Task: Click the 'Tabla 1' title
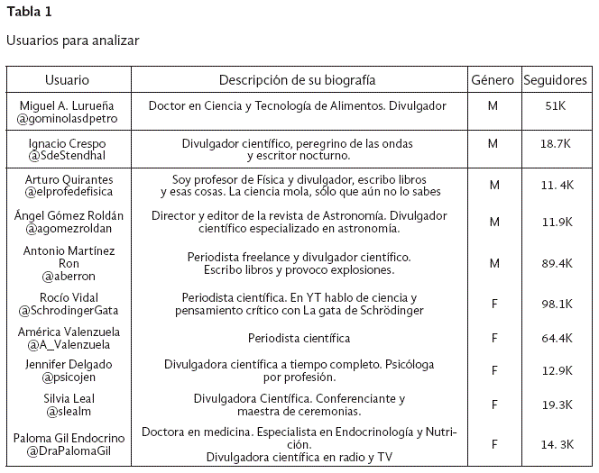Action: click(30, 12)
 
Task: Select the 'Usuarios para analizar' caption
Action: click(72, 41)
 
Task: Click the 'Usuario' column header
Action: click(67, 80)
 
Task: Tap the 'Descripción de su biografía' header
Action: click(297, 80)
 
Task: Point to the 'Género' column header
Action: click(493, 80)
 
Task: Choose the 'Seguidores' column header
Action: click(555, 80)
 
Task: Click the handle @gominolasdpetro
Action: click(67, 118)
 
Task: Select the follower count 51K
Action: click(556, 106)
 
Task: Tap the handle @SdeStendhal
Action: click(67, 156)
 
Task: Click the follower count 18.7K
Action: click(556, 144)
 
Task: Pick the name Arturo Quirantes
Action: click(67, 180)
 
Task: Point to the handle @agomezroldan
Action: click(67, 229)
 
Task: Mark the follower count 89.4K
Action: click(556, 263)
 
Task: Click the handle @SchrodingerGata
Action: click(67, 310)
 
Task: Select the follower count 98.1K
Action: click(556, 305)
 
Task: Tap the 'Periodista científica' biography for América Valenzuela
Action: click(299, 339)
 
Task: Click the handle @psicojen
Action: click(67, 377)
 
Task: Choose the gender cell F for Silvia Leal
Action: click(493, 405)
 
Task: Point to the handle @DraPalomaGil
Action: click(67, 450)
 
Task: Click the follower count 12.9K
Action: click(556, 371)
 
